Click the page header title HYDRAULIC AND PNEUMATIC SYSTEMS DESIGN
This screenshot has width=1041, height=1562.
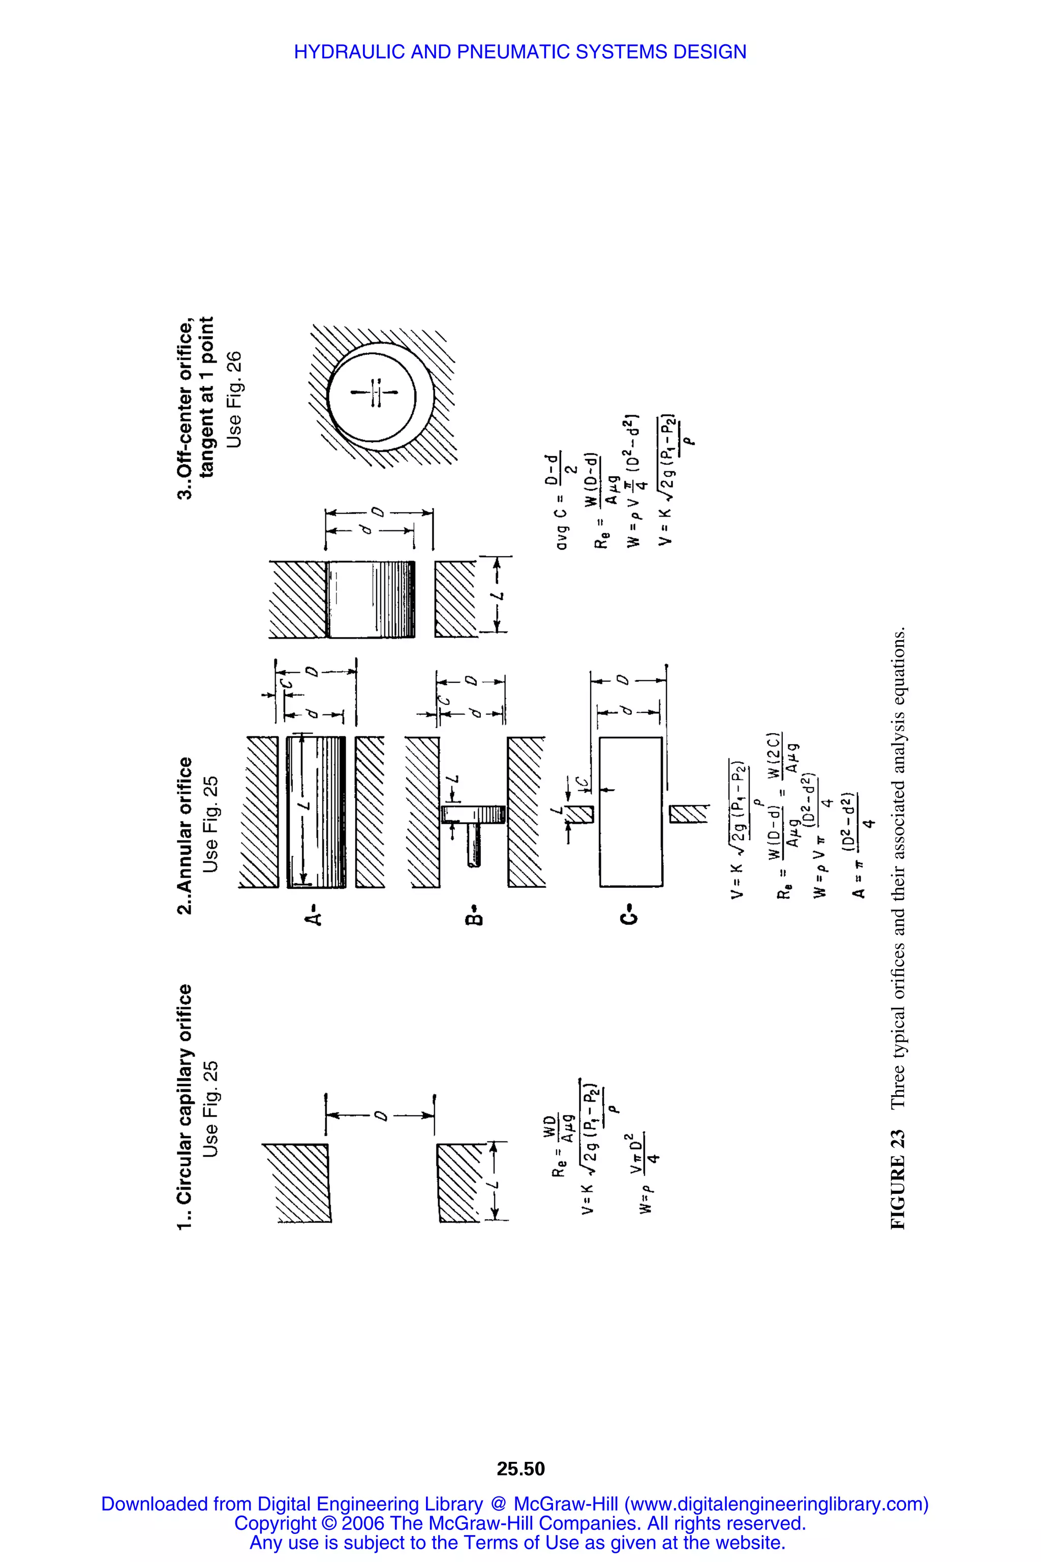520,52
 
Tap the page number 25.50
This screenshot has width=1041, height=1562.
520,1468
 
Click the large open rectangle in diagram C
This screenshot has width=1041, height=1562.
630,812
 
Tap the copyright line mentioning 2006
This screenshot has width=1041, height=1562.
520,1523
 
